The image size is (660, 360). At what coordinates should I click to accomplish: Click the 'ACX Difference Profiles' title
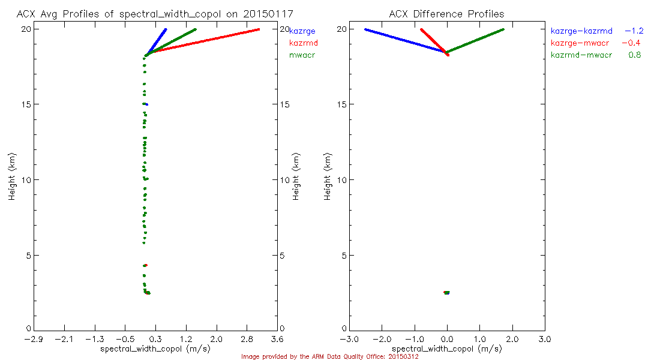pyautogui.click(x=446, y=13)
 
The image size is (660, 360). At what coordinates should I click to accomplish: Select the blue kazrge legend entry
pyautogui.click(x=302, y=31)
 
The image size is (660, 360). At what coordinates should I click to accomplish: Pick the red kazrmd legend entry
pyautogui.click(x=303, y=43)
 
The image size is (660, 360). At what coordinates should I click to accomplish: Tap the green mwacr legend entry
pyautogui.click(x=302, y=55)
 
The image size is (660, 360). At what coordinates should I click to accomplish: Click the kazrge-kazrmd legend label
pyautogui.click(x=581, y=31)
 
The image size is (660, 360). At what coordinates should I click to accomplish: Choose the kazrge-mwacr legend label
pyautogui.click(x=580, y=43)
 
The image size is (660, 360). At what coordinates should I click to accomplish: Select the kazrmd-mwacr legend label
pyautogui.click(x=581, y=55)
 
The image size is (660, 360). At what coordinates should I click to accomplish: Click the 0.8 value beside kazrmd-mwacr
pyautogui.click(x=635, y=55)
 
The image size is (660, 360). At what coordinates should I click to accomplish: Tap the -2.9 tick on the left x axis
pyautogui.click(x=34, y=339)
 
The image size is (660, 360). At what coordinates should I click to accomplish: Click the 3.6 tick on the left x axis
pyautogui.click(x=277, y=339)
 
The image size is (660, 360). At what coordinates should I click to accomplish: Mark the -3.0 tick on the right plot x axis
pyautogui.click(x=349, y=339)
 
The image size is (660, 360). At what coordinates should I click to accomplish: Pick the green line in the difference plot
pyautogui.click(x=474, y=40)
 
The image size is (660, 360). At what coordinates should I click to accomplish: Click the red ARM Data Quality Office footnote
pyautogui.click(x=329, y=356)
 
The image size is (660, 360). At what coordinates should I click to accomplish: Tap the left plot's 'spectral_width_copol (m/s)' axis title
pyautogui.click(x=155, y=349)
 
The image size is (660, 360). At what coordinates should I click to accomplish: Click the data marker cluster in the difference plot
pyautogui.click(x=446, y=293)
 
